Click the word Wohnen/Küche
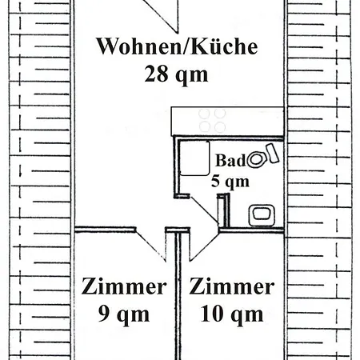point(177,46)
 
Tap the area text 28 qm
point(177,74)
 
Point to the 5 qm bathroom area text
point(230,181)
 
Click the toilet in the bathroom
point(259,158)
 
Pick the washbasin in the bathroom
point(262,214)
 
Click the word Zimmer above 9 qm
point(125,287)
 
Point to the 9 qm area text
point(125,314)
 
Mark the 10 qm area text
point(232,314)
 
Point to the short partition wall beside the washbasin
point(226,212)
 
